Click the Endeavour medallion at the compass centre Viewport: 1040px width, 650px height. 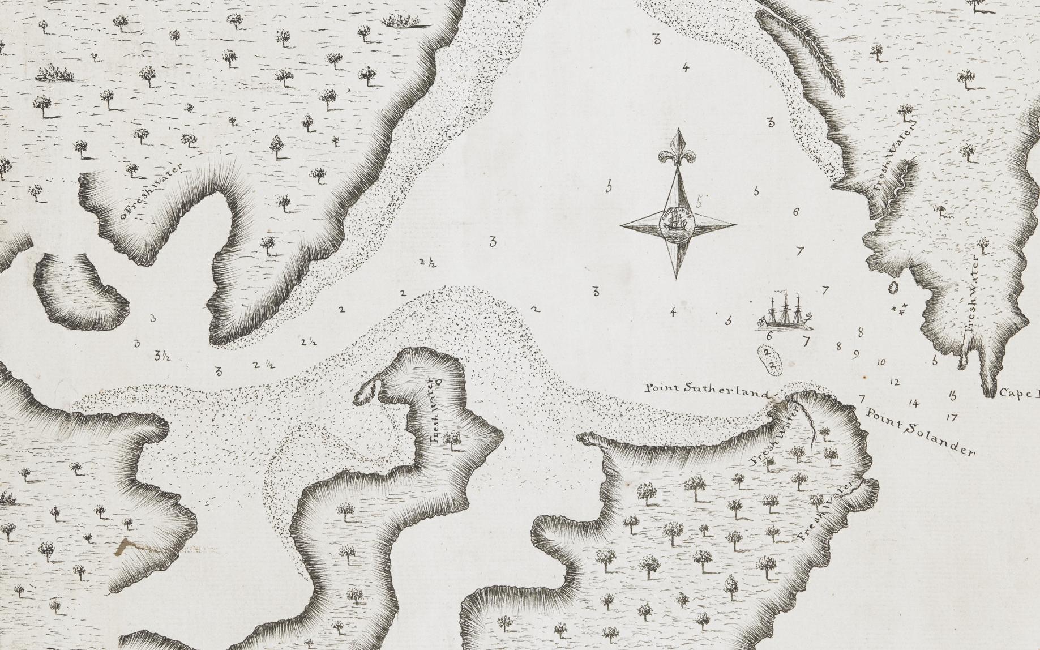coord(677,225)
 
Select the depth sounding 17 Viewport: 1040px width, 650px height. coord(951,418)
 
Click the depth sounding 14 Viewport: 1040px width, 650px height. coord(913,403)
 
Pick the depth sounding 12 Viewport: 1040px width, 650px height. coord(895,382)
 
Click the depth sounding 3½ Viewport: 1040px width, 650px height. coord(160,356)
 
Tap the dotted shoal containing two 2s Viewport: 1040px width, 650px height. coord(769,359)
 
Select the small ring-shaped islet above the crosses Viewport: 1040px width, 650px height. coord(895,288)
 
